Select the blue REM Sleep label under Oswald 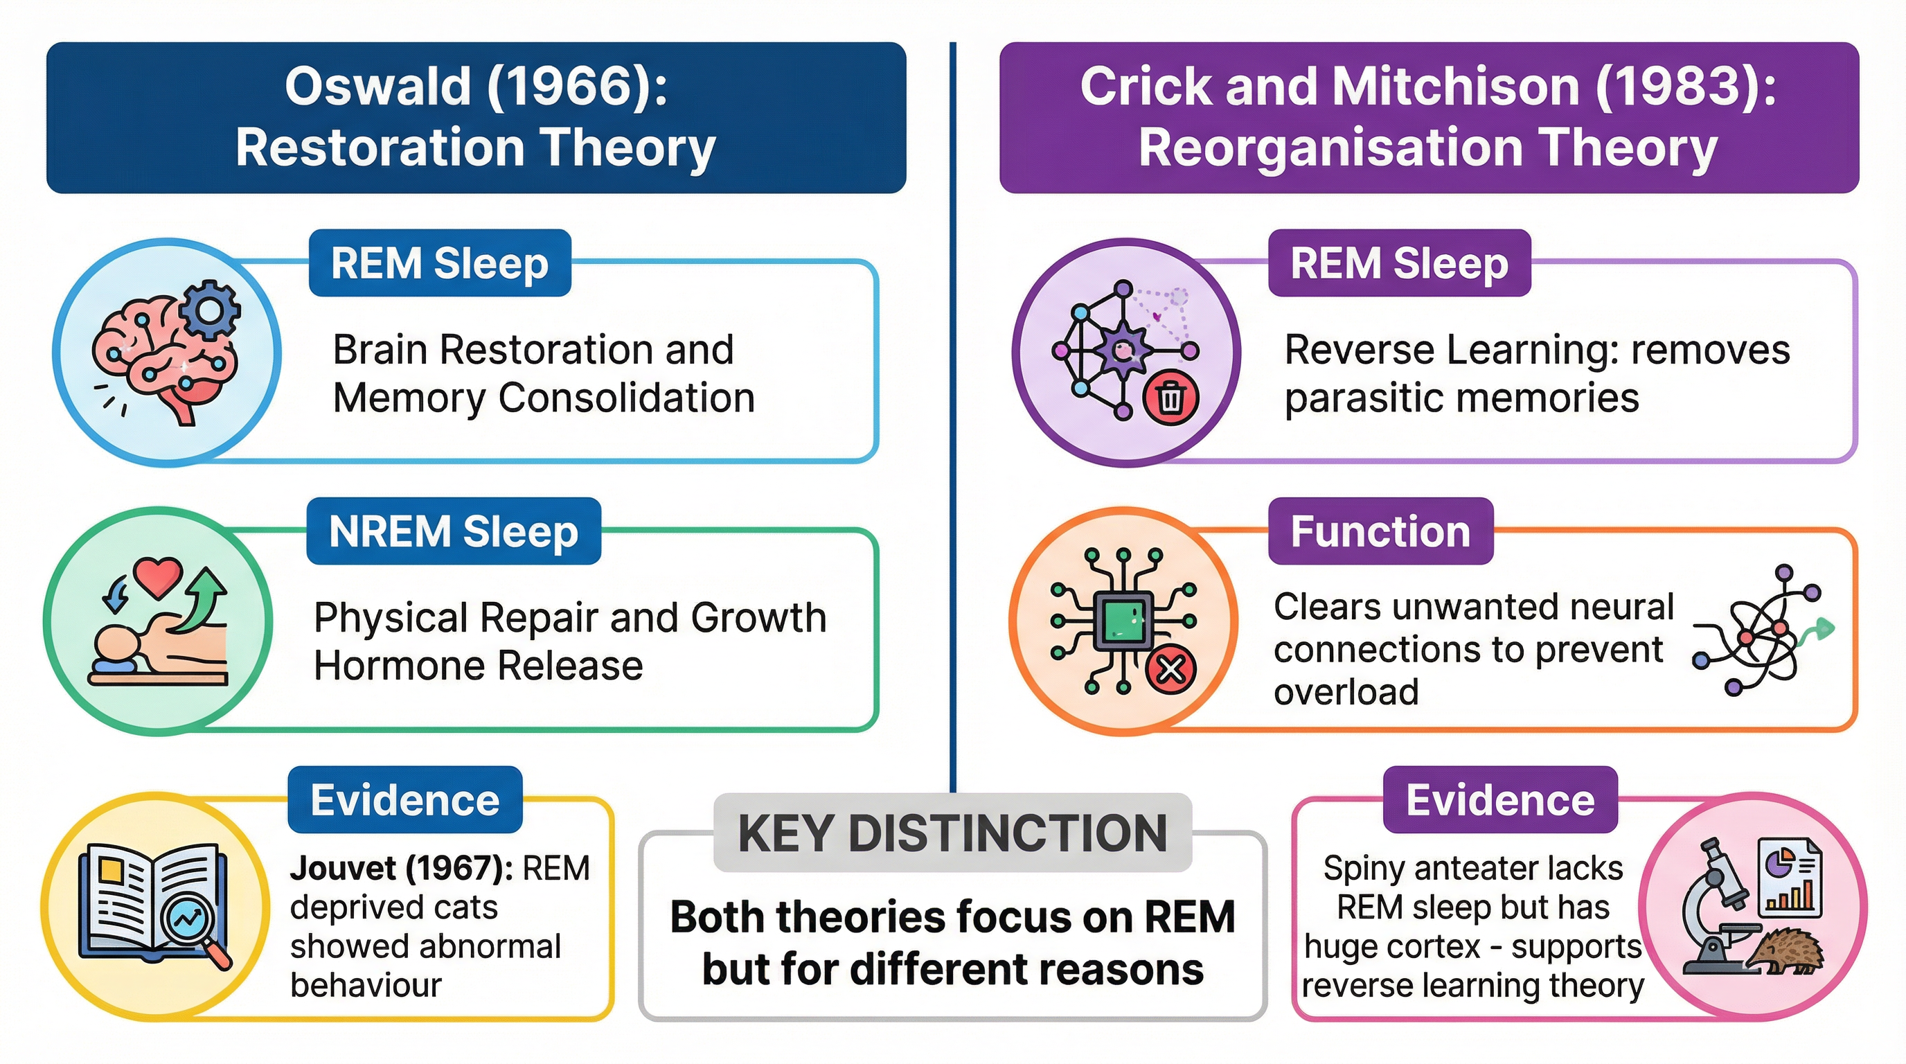pos(440,263)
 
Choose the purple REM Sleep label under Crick pos(1398,263)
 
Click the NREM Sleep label pos(454,531)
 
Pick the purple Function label pos(1380,531)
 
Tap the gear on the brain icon pos(210,310)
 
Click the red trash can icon pos(1170,399)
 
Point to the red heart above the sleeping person pos(158,577)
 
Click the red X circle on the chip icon pos(1170,670)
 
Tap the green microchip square pos(1123,620)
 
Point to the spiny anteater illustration pos(1785,952)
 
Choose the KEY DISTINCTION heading pos(952,833)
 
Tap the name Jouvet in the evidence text pos(343,868)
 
